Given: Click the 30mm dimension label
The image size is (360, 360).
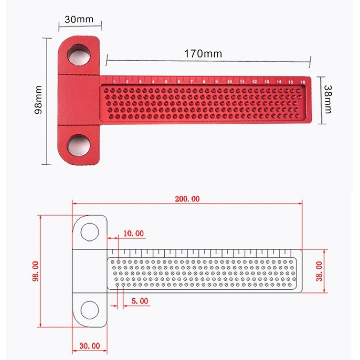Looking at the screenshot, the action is pyautogui.click(x=79, y=19).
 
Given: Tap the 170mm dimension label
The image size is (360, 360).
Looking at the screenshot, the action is pyautogui.click(x=203, y=54).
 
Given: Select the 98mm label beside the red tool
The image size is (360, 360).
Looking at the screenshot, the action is pyautogui.click(x=38, y=99).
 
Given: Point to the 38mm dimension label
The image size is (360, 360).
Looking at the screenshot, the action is pyautogui.click(x=328, y=99).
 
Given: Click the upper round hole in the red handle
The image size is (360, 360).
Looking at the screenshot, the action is pyautogui.click(x=79, y=55).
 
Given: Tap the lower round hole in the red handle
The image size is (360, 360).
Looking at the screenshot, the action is pyautogui.click(x=78, y=145).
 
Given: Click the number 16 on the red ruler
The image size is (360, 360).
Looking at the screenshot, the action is pyautogui.click(x=302, y=82).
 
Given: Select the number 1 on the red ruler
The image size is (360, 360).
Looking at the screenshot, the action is pyautogui.click(x=114, y=82).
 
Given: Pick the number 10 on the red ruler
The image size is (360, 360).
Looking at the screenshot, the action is pyautogui.click(x=229, y=82).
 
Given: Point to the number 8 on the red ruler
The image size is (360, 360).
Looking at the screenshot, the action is pyautogui.click(x=204, y=82).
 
